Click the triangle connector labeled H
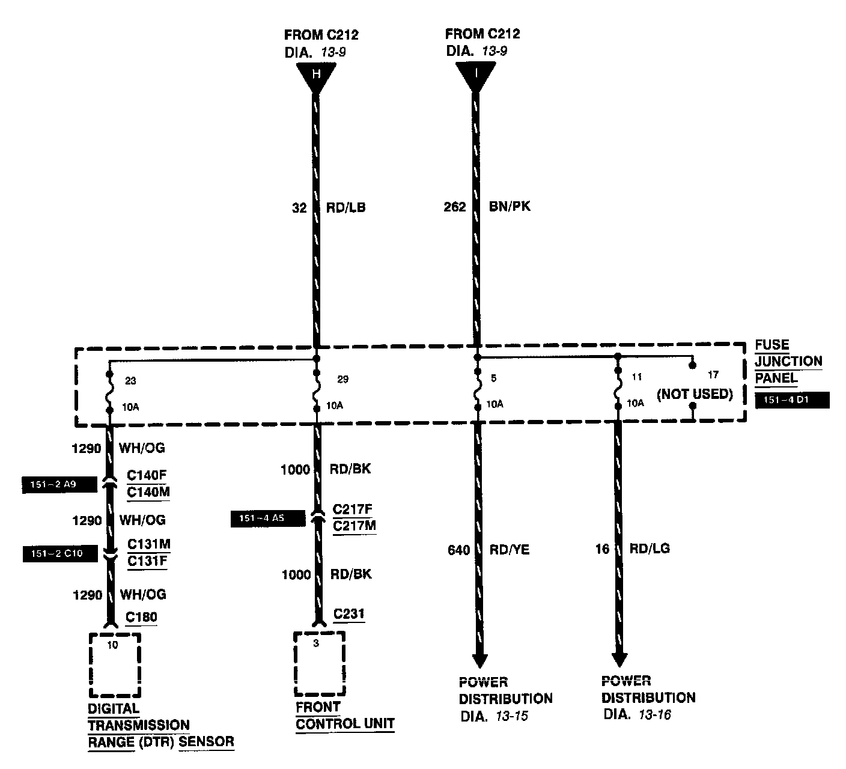(x=315, y=76)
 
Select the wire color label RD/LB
(x=345, y=208)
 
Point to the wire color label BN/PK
(x=510, y=207)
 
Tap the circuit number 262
(x=455, y=207)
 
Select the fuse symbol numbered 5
(x=477, y=391)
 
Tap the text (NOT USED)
(x=695, y=394)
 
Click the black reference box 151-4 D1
(x=792, y=400)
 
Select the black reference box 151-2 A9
(x=59, y=484)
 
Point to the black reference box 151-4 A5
(x=267, y=518)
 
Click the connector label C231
(x=348, y=614)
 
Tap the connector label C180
(x=141, y=617)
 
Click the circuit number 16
(x=602, y=549)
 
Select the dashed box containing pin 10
(x=114, y=664)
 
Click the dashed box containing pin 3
(x=319, y=663)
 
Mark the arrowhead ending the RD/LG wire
(x=619, y=659)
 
